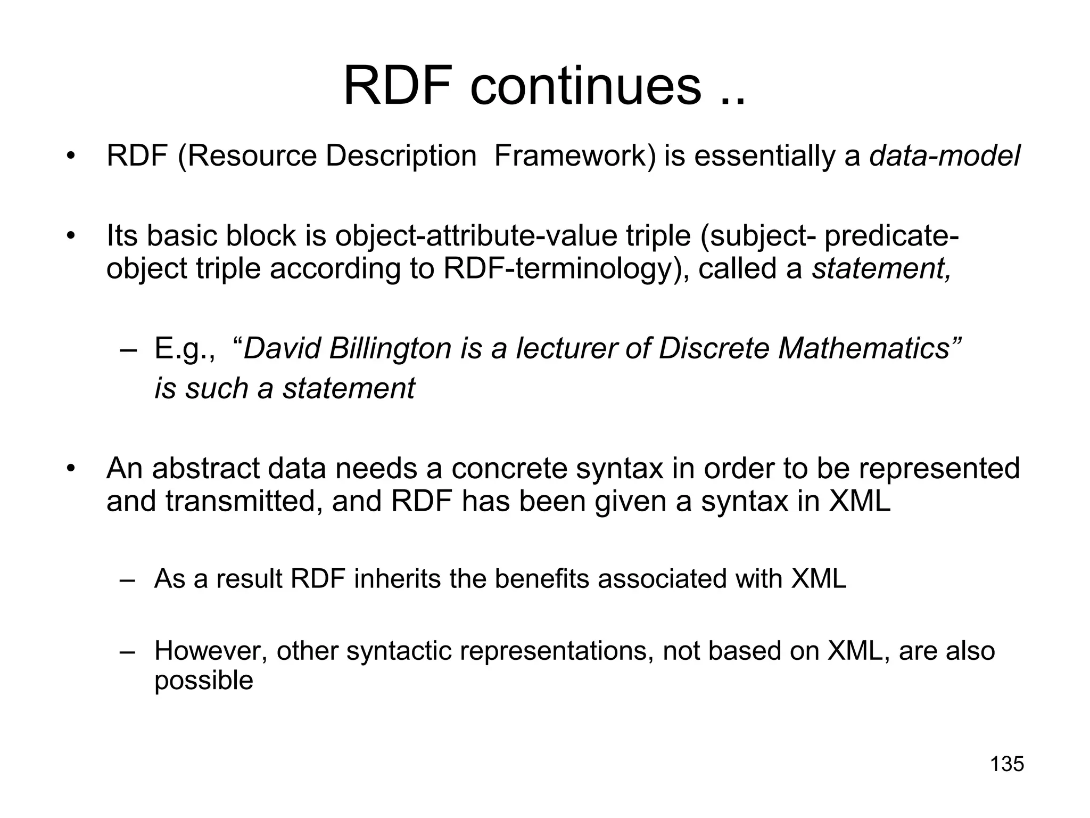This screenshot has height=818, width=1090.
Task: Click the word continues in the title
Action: pos(585,86)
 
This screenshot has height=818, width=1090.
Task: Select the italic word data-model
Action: pos(945,157)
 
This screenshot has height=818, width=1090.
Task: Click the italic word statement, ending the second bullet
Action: pos(881,268)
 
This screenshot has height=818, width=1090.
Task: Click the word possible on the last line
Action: pos(203,681)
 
